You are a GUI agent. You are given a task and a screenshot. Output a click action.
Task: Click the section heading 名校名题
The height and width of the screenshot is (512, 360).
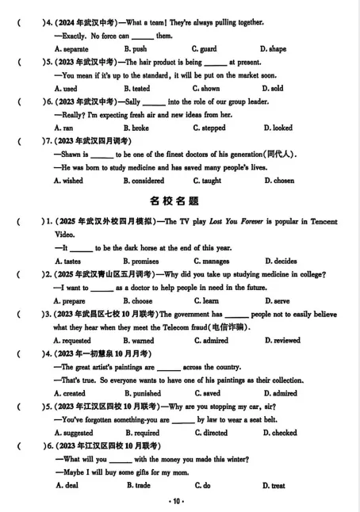click(x=179, y=201)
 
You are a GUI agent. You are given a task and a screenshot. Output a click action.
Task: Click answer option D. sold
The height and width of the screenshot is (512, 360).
click(x=272, y=89)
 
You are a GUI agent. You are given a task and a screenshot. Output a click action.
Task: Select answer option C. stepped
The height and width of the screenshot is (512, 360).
click(x=209, y=128)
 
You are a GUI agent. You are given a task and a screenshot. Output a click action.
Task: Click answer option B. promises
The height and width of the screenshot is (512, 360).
click(x=140, y=261)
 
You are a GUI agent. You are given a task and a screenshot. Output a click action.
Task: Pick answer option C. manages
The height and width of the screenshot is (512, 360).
click(x=211, y=261)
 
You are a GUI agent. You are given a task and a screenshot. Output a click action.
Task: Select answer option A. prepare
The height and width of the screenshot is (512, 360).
click(x=69, y=301)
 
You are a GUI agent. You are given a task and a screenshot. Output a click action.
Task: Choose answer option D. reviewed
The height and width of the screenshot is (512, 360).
click(x=282, y=341)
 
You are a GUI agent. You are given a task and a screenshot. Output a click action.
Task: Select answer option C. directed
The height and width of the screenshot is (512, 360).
click(x=210, y=434)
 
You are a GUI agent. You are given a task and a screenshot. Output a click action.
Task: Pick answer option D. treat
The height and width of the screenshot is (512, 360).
click(x=274, y=486)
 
